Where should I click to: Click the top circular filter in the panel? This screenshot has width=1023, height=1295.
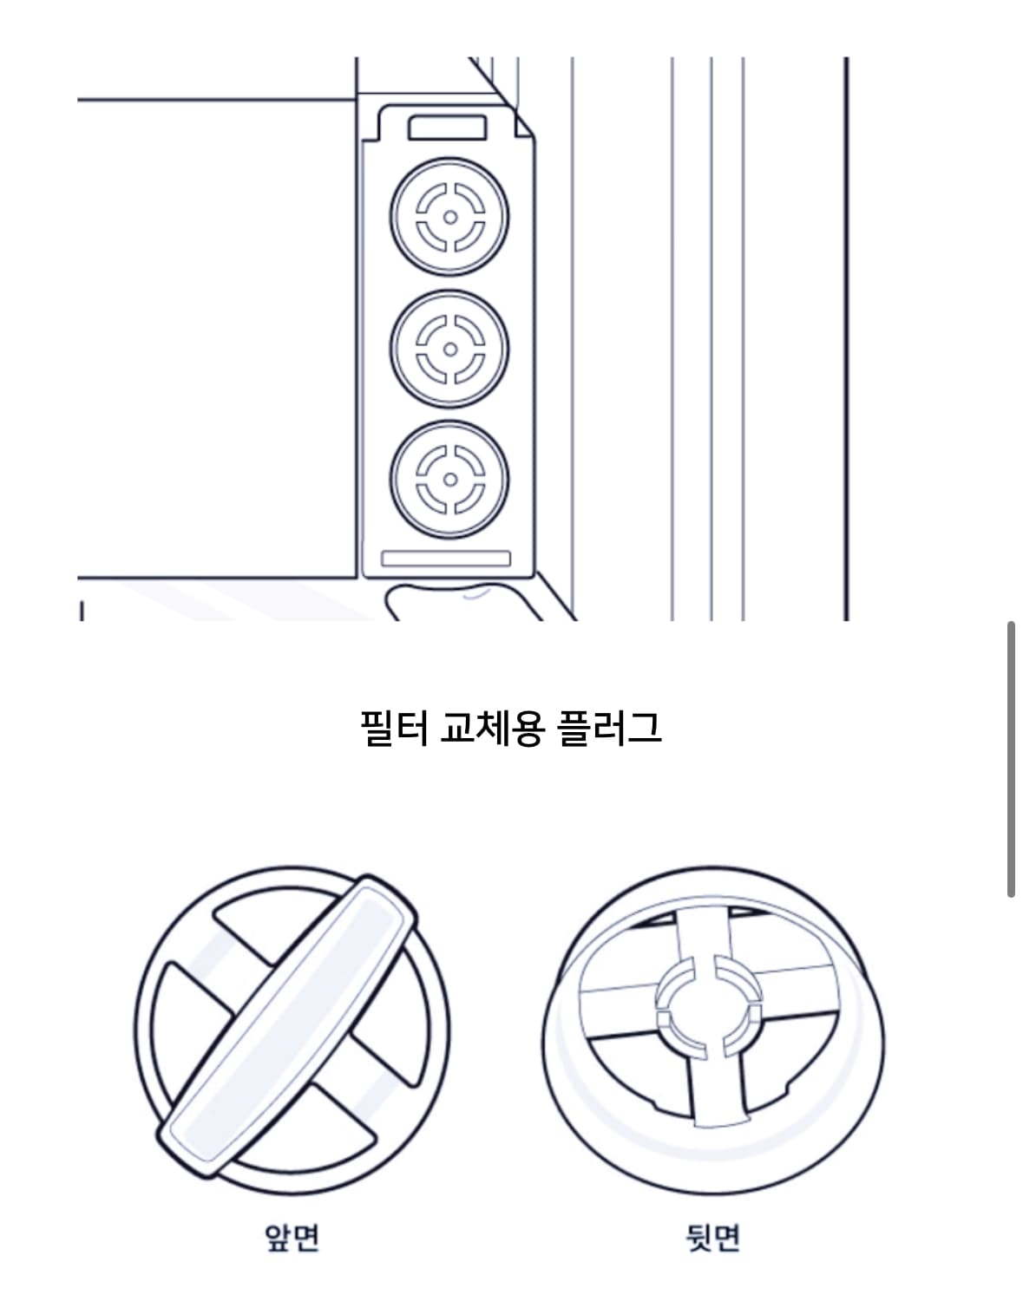pyautogui.click(x=449, y=217)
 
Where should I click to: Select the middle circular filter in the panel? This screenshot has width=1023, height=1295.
pyautogui.click(x=449, y=349)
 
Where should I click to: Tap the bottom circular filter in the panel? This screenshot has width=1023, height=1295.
pyautogui.click(x=449, y=479)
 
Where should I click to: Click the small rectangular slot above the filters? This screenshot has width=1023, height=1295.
pyautogui.click(x=447, y=128)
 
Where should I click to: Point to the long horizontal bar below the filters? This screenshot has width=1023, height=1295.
pyautogui.click(x=446, y=559)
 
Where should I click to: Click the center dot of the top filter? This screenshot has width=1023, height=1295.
pyautogui.click(x=449, y=217)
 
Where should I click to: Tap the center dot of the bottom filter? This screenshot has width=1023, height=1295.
pyautogui.click(x=449, y=479)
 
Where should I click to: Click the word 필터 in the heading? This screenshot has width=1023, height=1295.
pyautogui.click(x=394, y=727)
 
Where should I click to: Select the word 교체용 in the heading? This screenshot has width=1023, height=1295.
pyautogui.click(x=492, y=727)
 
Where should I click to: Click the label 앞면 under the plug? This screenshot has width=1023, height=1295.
pyautogui.click(x=292, y=1236)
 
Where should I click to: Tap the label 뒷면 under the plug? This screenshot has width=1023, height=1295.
pyautogui.click(x=713, y=1236)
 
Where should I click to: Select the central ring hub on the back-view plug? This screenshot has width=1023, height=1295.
pyautogui.click(x=707, y=1010)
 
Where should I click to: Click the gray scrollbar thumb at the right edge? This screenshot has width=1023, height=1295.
pyautogui.click(x=1011, y=759)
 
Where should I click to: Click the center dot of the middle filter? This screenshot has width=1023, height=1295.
pyautogui.click(x=449, y=349)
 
